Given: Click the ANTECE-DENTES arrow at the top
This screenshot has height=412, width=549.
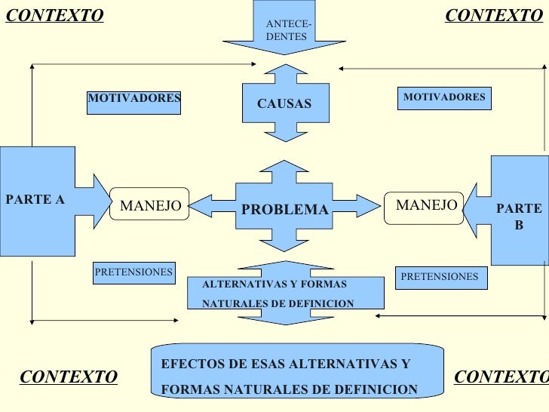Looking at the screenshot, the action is tap(284, 31).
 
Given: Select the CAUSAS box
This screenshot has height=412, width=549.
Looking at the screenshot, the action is tap(284, 103).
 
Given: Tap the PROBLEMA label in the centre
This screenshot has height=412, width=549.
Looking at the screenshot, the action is tap(284, 209).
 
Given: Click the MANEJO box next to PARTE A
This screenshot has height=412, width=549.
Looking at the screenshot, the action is tap(150, 204).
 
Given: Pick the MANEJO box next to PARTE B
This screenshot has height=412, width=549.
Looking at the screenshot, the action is tap(426, 204).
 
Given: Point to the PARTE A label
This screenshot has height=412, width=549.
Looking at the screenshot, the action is tap(35, 200).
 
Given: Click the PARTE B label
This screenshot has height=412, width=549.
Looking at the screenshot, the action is tap(519, 217).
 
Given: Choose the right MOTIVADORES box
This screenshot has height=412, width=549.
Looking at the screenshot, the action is tap(444, 98).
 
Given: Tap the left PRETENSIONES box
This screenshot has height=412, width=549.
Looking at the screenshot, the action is tap(133, 272).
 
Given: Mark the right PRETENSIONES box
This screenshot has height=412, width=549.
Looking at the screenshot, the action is tap(440, 277).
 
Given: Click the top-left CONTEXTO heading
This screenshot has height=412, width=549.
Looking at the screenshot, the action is tap(54, 16).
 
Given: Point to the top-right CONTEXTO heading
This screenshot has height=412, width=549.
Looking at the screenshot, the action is tap(494, 16).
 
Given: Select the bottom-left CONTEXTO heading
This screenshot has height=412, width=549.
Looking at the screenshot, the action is tap(69, 377).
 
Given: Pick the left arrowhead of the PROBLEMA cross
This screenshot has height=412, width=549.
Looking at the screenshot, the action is tap(198, 205).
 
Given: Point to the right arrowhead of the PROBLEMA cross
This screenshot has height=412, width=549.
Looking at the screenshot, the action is tap(370, 205).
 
